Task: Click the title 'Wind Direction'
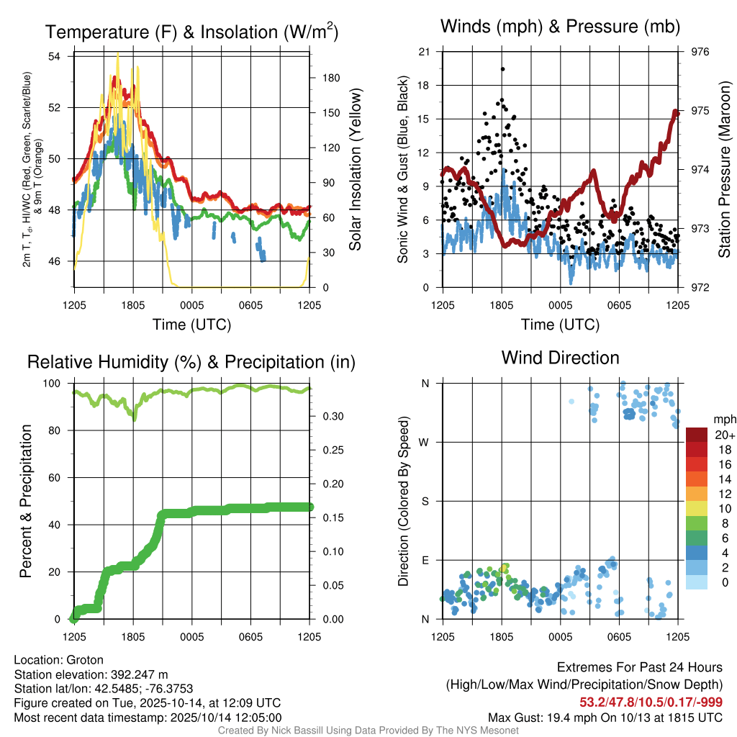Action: coord(560,358)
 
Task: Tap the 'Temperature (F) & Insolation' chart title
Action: coord(191,32)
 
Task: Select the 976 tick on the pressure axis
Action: coord(700,52)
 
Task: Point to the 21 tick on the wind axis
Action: coord(425,52)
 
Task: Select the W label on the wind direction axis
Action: coord(425,443)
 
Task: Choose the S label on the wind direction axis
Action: coord(425,501)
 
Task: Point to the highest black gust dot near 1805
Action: coord(502,69)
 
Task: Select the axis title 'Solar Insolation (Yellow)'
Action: coord(355,170)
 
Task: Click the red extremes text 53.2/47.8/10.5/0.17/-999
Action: coord(651,702)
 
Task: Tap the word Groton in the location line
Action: coord(85,660)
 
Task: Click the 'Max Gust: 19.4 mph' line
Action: coord(605,717)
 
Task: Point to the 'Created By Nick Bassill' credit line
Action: coord(368,731)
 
